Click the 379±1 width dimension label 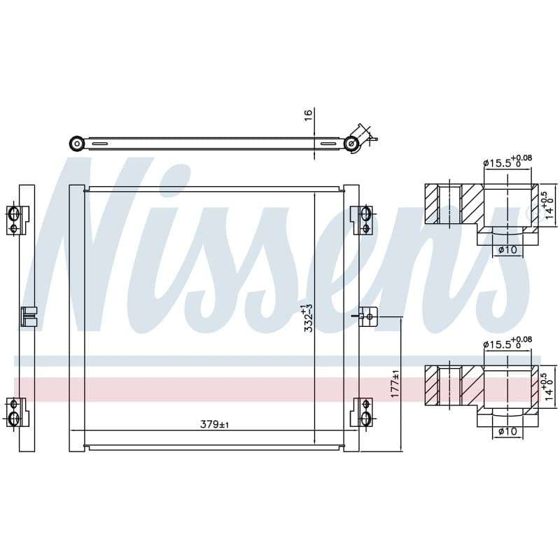214,424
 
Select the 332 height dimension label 308,318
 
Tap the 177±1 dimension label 395,384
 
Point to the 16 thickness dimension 308,115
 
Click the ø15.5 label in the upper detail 507,162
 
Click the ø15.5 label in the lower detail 507,343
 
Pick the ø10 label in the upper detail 507,250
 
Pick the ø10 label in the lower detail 507,431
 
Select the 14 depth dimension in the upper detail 548,205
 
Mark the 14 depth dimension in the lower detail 548,387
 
